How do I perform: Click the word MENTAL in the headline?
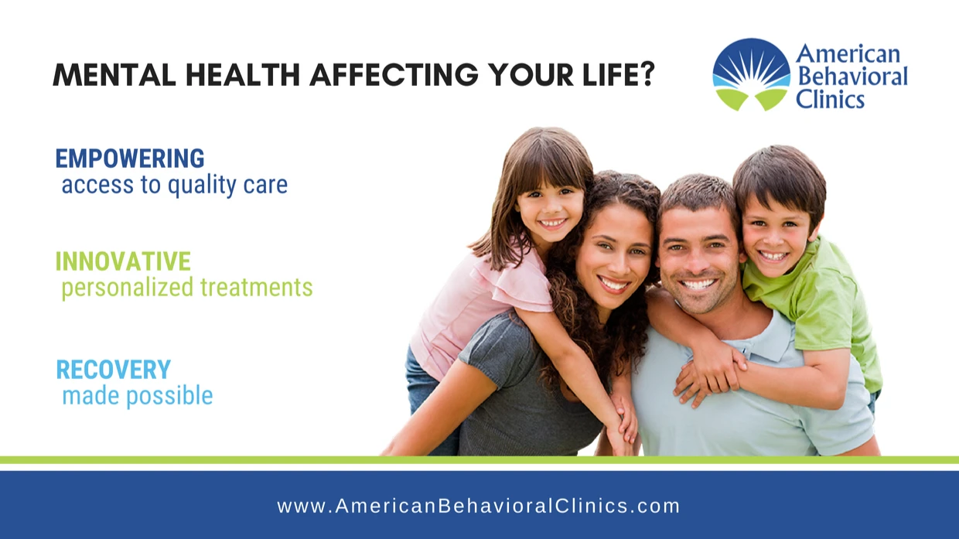point(114,75)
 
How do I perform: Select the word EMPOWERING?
point(130,159)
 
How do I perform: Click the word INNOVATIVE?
point(123,261)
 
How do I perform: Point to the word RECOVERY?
point(114,369)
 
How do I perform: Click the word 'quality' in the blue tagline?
point(201,186)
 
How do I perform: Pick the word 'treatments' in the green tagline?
point(257,287)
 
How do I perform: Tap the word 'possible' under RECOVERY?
point(170,396)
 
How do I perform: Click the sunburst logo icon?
point(752,74)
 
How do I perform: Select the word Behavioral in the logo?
point(852,77)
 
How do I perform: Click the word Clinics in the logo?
point(830,99)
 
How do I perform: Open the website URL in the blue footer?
point(479,506)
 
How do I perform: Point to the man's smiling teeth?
point(698,284)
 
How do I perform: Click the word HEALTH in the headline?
point(242,75)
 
